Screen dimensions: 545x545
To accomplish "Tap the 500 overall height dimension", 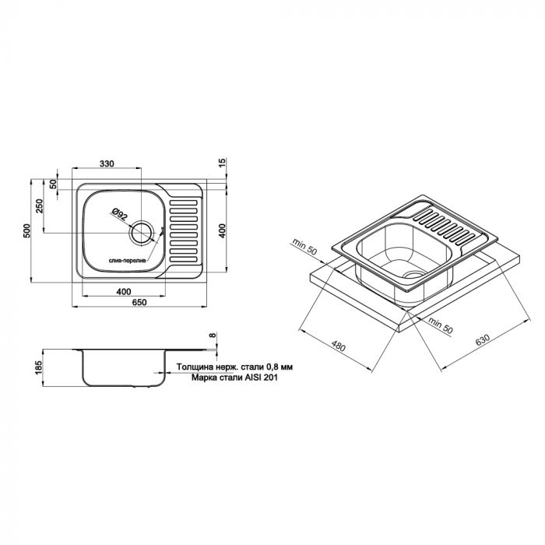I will tap(26, 230).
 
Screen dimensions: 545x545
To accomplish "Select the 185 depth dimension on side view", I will tap(39, 368).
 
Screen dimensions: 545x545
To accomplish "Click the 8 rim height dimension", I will tap(212, 336).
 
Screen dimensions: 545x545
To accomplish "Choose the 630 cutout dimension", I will tap(483, 340).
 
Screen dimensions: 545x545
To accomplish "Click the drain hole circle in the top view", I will tap(142, 232).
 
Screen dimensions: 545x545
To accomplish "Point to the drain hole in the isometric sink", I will tap(413, 276).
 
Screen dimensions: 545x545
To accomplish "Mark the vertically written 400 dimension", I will tap(222, 230).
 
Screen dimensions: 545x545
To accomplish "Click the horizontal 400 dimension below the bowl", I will tap(124, 290).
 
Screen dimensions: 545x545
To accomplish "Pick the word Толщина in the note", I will tap(195, 366).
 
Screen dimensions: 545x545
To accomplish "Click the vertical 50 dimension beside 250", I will tap(53, 185).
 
